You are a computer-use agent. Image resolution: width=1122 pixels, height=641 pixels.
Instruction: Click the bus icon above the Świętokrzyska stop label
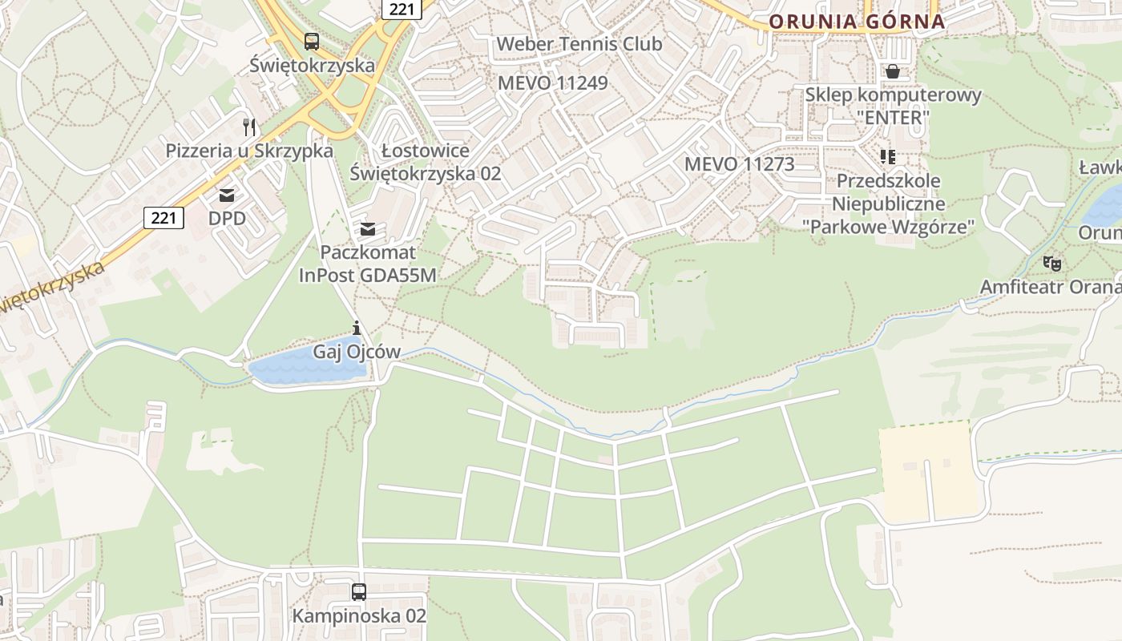click(x=312, y=42)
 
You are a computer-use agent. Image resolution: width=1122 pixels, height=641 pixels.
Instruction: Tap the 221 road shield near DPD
click(x=163, y=217)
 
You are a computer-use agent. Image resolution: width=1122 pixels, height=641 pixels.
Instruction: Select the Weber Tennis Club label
click(x=579, y=44)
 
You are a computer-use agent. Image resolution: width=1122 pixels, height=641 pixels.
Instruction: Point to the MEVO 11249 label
click(x=552, y=83)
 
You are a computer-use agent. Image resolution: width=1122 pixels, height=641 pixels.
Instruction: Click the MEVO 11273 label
click(x=739, y=164)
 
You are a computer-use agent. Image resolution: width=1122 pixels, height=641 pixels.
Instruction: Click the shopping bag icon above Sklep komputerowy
click(x=893, y=71)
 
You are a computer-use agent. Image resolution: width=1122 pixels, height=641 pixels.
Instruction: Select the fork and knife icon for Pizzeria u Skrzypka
click(x=249, y=127)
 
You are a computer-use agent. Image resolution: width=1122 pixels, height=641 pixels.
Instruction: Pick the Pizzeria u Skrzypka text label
click(x=249, y=151)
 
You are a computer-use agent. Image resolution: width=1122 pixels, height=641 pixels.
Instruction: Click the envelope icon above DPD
click(x=227, y=195)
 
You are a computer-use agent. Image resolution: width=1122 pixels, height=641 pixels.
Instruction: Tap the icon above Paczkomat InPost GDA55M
click(x=368, y=229)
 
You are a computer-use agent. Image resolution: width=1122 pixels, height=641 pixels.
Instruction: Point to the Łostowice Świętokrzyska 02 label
click(x=426, y=162)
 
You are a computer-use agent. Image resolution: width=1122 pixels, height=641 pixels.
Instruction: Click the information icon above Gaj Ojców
click(x=357, y=328)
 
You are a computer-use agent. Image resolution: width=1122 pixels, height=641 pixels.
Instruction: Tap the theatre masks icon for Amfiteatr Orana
click(x=1051, y=263)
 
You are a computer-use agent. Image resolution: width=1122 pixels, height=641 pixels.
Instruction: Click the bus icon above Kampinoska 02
click(x=359, y=592)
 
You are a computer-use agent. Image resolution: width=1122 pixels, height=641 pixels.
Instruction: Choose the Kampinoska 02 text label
click(x=359, y=616)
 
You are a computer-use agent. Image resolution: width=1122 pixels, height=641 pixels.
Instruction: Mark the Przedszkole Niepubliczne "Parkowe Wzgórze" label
click(x=888, y=204)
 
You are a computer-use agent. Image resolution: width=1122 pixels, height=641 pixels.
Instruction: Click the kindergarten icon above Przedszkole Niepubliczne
click(x=887, y=156)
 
